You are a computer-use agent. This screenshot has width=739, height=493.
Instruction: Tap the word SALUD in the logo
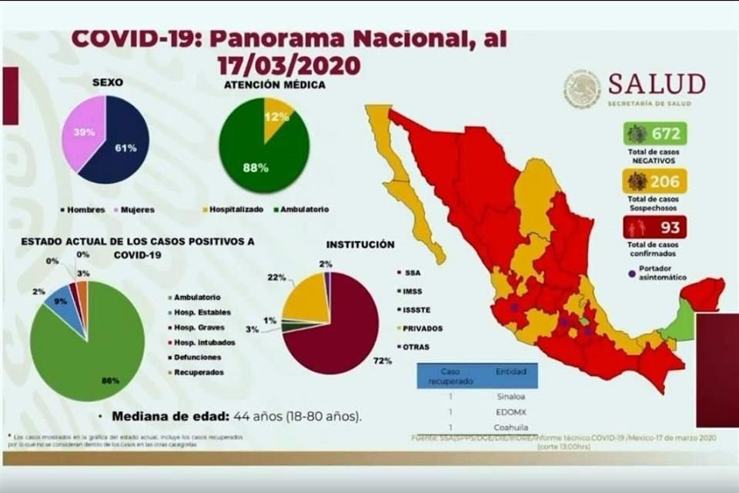click(656, 83)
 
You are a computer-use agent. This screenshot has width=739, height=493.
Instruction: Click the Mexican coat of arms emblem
click(582, 89)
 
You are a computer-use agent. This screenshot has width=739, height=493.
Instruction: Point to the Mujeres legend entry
click(135, 209)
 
